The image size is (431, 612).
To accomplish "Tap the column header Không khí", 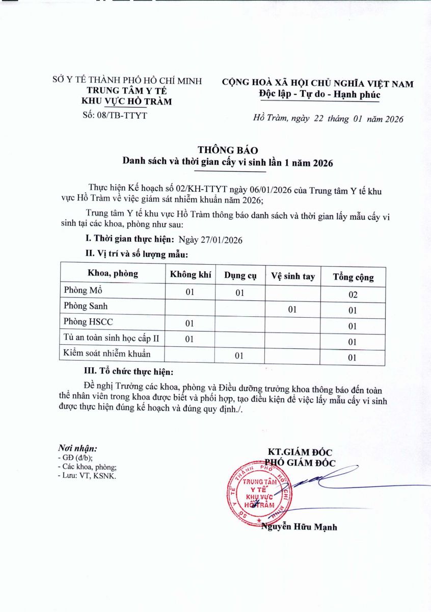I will (191, 275).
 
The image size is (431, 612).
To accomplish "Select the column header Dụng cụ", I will (240, 276).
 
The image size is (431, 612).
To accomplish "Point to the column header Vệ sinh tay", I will (292, 277).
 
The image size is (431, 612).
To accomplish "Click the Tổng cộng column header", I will (353, 277).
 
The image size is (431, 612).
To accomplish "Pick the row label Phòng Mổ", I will (84, 291).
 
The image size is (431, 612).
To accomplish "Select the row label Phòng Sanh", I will (86, 306).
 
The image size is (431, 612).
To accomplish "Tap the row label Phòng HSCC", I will (89, 322).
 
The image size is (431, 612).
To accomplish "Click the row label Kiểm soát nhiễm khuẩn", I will (107, 353).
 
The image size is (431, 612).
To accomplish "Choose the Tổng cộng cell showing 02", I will (353, 295).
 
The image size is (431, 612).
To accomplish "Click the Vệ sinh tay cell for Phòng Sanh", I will (292, 309).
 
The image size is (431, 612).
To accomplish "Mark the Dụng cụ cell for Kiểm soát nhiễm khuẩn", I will (240, 355).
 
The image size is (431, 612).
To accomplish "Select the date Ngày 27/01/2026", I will (210, 240).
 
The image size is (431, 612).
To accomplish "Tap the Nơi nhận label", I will (77, 448).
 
